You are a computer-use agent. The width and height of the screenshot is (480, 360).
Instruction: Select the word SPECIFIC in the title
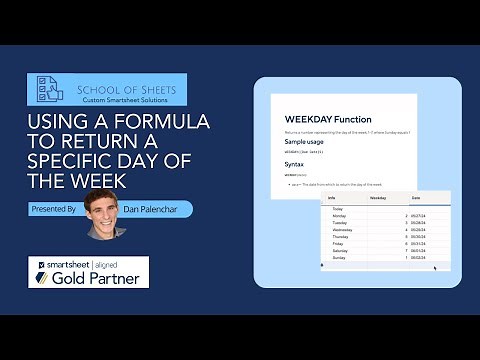pos(66,163)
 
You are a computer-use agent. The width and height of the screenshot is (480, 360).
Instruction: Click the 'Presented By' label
pos(55,209)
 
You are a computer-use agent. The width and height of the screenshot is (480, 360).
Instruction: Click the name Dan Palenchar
pos(153,209)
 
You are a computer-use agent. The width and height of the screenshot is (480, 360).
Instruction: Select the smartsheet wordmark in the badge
pos(68,263)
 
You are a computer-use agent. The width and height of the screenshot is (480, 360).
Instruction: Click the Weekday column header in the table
pos(379,199)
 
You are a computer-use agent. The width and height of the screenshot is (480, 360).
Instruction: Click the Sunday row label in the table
pos(337,257)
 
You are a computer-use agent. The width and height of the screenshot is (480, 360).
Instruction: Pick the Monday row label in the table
pos(338,215)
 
